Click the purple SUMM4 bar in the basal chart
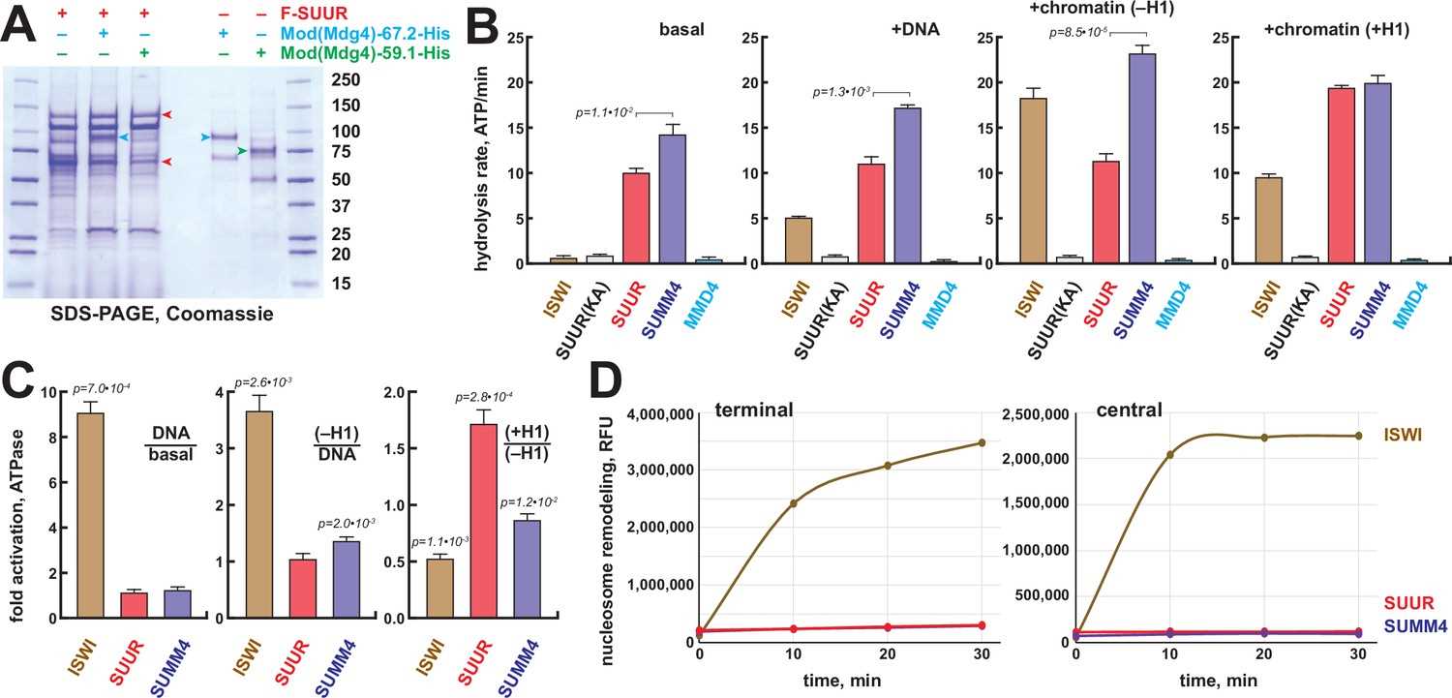tap(672, 198)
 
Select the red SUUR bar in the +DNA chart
tap(870, 213)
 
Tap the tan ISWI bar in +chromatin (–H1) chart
tap(1033, 181)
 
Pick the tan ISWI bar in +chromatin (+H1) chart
tap(1268, 221)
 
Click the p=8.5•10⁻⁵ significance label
tap(1078, 32)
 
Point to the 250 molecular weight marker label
tap(346, 79)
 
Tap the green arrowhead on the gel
tap(242, 151)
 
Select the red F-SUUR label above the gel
tap(314, 13)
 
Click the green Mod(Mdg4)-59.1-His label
tap(365, 53)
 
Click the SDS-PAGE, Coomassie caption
tap(162, 315)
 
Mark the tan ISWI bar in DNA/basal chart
tap(90, 515)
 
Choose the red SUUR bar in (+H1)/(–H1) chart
tap(484, 521)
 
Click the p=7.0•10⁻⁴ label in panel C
tap(101, 389)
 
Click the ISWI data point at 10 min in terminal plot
tap(794, 502)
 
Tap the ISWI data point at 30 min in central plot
tap(1358, 436)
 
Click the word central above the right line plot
tap(1129, 410)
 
